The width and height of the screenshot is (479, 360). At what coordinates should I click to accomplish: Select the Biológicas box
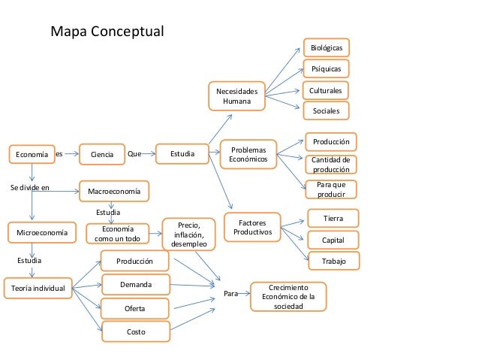click(326, 47)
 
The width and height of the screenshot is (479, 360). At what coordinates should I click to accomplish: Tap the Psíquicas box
click(326, 69)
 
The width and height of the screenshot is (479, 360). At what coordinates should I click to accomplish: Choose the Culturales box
click(326, 91)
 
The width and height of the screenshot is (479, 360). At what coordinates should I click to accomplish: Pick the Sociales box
click(326, 111)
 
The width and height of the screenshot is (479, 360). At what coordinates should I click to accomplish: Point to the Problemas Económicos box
click(248, 155)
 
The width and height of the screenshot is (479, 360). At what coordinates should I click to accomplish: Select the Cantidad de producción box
click(330, 165)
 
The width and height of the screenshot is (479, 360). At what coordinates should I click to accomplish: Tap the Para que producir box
click(330, 189)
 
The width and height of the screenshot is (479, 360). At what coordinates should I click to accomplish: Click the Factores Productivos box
click(252, 228)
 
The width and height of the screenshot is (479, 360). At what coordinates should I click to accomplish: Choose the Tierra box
click(333, 218)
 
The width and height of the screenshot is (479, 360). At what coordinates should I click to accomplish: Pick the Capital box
click(333, 240)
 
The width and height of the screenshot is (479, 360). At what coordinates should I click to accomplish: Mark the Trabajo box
click(333, 261)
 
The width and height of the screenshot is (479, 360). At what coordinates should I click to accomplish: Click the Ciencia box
click(102, 155)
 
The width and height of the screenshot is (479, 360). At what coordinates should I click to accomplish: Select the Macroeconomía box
click(114, 192)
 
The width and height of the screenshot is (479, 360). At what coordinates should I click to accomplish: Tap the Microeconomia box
click(41, 234)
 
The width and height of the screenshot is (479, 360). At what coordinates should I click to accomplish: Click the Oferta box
click(135, 309)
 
